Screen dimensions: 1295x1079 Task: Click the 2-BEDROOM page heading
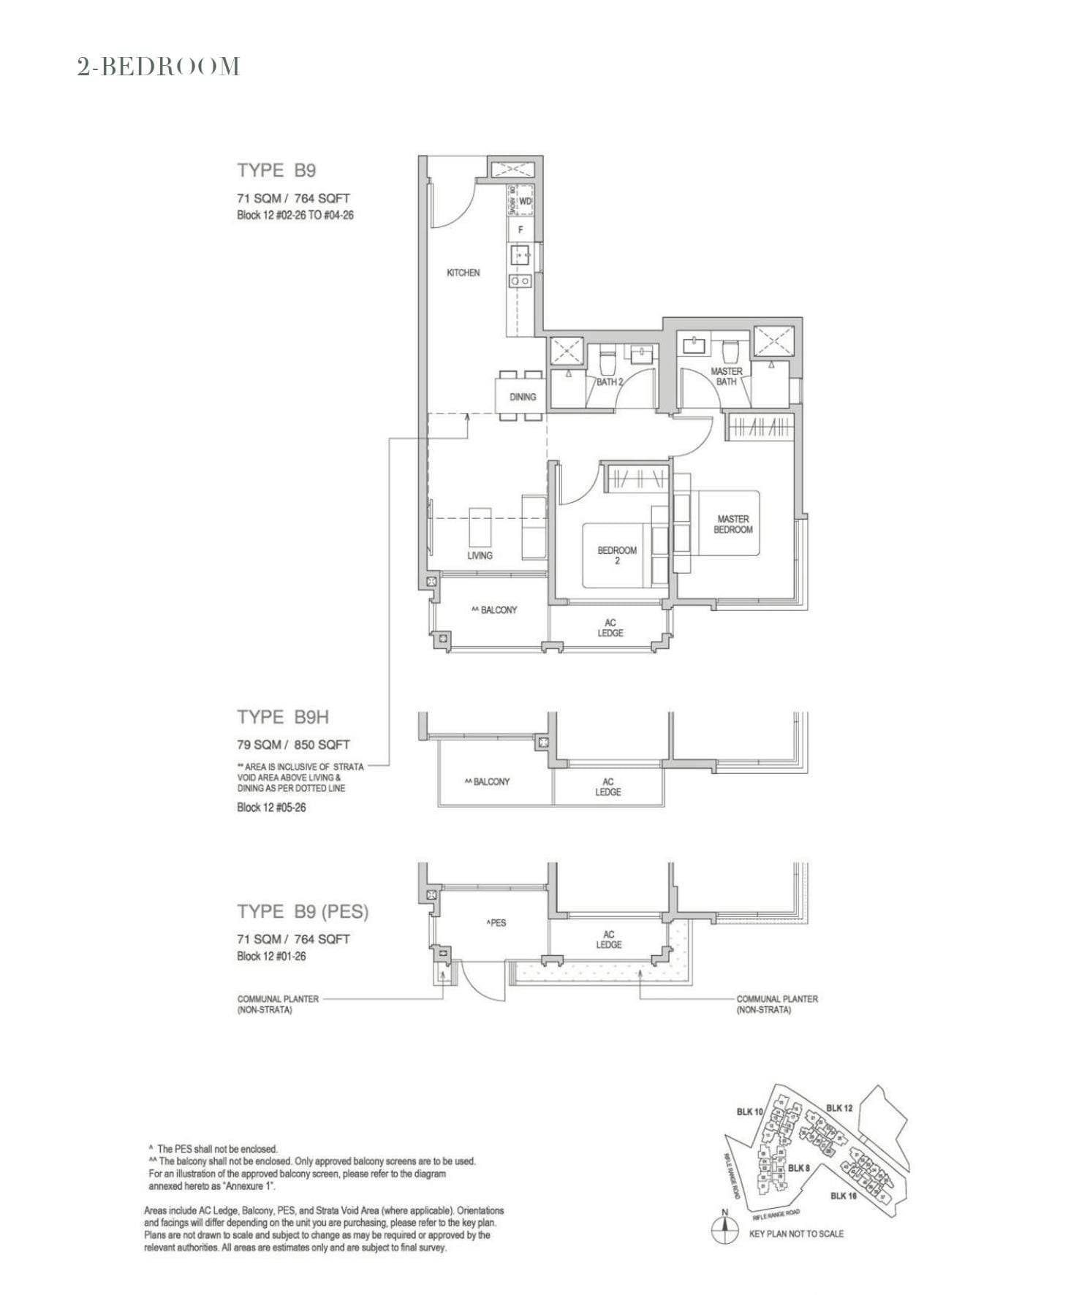click(159, 67)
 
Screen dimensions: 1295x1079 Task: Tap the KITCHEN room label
click(463, 273)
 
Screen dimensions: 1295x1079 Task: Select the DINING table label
click(523, 397)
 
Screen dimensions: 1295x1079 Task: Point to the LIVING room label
click(480, 555)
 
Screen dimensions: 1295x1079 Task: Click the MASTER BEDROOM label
click(732, 524)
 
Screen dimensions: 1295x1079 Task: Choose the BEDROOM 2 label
click(617, 555)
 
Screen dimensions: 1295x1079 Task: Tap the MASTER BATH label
click(726, 376)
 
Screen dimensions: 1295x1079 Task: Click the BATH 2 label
click(610, 381)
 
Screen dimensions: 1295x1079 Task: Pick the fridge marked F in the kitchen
click(520, 229)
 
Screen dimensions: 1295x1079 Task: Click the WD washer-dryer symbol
click(524, 201)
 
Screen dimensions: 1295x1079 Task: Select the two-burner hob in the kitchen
click(520, 281)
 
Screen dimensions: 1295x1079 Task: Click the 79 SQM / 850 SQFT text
click(293, 745)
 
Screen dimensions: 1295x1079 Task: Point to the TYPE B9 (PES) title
click(303, 911)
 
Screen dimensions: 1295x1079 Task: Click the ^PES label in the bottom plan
click(496, 923)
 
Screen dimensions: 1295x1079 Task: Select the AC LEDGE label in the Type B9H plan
click(607, 786)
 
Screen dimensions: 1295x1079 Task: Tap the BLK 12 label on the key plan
click(839, 1108)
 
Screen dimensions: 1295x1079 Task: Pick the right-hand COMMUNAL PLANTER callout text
click(776, 1003)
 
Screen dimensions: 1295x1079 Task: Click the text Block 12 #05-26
click(271, 808)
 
